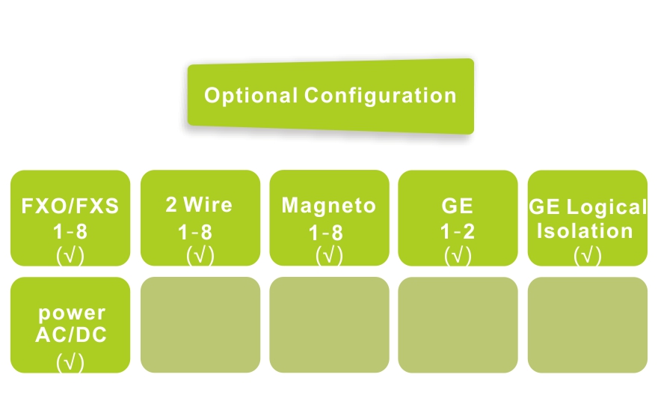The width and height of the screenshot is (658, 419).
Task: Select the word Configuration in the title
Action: [381, 97]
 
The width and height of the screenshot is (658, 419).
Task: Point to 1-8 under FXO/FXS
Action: [70, 232]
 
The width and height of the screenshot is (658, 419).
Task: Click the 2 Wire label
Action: [200, 205]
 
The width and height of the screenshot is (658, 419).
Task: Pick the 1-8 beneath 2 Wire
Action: [200, 232]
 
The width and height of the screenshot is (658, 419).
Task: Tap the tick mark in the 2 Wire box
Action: [200, 256]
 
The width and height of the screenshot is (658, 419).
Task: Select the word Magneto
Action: [329, 206]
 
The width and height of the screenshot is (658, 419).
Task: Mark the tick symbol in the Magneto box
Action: [329, 256]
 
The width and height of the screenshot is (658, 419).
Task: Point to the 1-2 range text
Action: [458, 232]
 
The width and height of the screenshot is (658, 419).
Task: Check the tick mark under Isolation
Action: [587, 256]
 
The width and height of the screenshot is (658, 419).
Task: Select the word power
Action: [71, 314]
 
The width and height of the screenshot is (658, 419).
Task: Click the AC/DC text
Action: [71, 335]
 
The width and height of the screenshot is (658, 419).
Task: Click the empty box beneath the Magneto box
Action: [329, 325]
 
